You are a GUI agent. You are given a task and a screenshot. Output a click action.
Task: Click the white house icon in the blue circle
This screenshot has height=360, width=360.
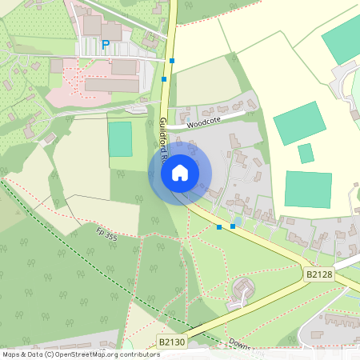pos(180,172)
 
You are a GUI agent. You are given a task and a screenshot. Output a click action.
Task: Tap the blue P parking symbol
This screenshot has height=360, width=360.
pos(106,45)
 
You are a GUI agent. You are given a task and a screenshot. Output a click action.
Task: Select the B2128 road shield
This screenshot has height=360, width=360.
pos(318,274)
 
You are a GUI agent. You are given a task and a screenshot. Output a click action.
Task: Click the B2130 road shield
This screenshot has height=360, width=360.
pos(171,342)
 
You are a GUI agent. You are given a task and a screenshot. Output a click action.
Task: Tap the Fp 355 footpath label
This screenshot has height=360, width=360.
pos(107,235)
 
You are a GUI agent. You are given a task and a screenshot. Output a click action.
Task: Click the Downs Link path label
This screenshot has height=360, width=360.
pos(239,344)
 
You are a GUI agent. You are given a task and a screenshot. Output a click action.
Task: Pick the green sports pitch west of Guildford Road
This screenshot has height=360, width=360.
pos(120,138)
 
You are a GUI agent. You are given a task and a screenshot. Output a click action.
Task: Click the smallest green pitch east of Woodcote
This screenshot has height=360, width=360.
pos(306,153)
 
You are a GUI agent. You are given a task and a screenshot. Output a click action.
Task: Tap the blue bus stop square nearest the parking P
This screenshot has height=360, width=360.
pos(172,60)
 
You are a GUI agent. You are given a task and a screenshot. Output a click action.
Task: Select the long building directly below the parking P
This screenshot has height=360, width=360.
pos(112,84)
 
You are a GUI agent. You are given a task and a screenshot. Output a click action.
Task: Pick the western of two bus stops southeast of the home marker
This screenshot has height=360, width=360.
pos(219,227)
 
